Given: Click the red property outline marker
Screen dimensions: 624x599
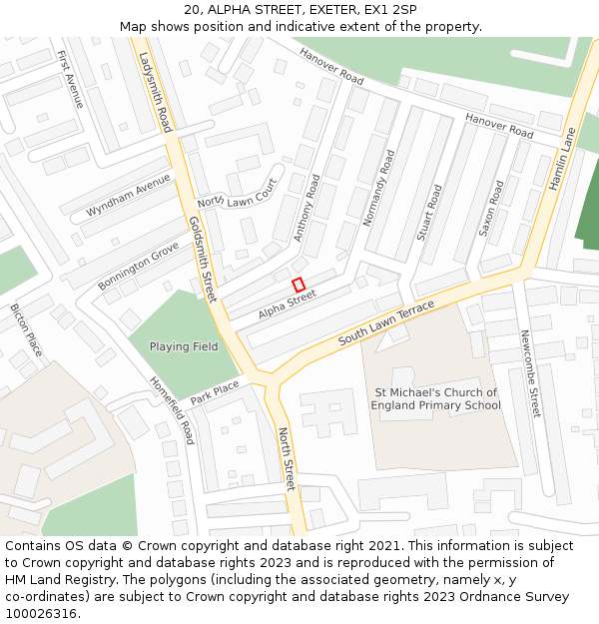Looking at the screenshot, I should click(299, 285).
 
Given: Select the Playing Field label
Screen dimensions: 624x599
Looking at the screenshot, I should click(184, 346).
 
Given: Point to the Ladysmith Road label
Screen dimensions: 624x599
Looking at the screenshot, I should click(156, 92).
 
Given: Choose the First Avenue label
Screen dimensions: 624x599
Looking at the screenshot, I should click(71, 80).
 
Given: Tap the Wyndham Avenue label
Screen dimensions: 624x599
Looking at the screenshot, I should click(128, 196).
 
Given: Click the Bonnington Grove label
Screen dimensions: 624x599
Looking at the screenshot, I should click(138, 266).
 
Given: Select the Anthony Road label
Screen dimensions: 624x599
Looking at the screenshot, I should click(306, 208).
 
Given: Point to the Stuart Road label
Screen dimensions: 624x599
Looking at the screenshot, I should click(429, 213).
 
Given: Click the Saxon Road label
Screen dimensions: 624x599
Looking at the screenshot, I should click(491, 208).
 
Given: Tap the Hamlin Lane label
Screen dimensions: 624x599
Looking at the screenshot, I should click(563, 158).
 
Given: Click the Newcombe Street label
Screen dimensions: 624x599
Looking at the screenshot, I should click(529, 374).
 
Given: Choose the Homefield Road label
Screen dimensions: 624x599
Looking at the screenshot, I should click(172, 410).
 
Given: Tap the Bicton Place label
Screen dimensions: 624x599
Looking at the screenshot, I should click(26, 330).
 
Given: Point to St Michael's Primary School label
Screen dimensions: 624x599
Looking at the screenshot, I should click(435, 399).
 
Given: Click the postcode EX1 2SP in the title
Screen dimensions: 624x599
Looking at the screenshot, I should click(391, 10).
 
